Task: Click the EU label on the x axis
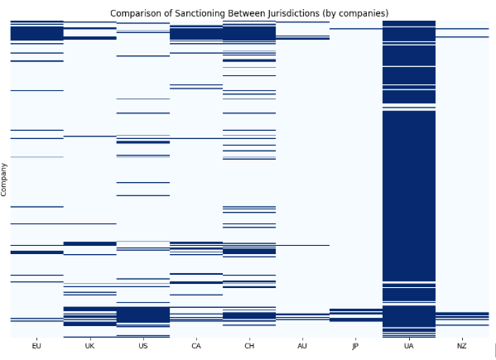pyautogui.click(x=36, y=346)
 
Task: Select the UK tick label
pyautogui.click(x=89, y=346)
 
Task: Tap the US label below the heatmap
pyautogui.click(x=143, y=346)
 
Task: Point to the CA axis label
pyautogui.click(x=196, y=346)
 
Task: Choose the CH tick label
pyautogui.click(x=249, y=346)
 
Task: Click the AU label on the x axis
pyautogui.click(x=302, y=346)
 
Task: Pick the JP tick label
pyautogui.click(x=355, y=346)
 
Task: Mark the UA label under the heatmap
pyautogui.click(x=409, y=346)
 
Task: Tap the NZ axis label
pyautogui.click(x=462, y=346)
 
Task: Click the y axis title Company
pyautogui.click(x=3, y=180)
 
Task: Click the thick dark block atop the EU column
pyautogui.click(x=36, y=33)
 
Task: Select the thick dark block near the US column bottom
pyautogui.click(x=143, y=314)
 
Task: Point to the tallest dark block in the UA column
pyautogui.click(x=409, y=196)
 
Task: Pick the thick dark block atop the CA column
pyautogui.click(x=196, y=34)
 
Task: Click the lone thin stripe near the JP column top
pyautogui.click(x=356, y=29)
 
